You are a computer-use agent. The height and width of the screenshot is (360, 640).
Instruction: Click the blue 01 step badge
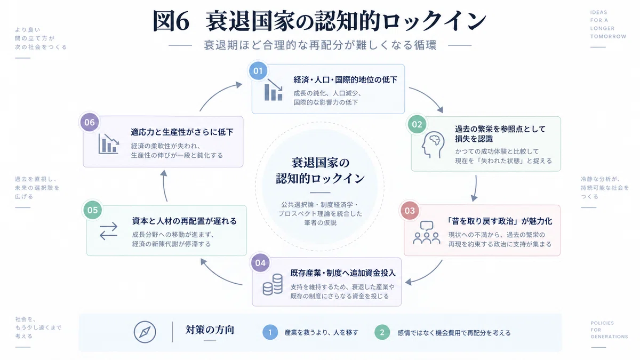point(258,70)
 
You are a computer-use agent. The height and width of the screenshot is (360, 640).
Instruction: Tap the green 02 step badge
point(417,124)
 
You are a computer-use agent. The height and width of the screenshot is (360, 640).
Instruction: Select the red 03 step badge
point(410,211)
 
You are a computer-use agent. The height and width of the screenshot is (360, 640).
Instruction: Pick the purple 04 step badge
point(260,263)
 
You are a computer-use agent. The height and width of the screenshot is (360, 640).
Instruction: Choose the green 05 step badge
point(93,210)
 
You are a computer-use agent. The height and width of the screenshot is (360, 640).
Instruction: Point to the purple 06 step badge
point(90,122)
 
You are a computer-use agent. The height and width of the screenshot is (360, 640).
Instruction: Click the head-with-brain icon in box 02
point(433,145)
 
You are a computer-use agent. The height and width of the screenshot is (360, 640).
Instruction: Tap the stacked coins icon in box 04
point(273,284)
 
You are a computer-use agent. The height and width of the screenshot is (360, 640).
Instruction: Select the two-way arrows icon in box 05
point(109,231)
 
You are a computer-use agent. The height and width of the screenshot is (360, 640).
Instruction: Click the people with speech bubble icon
point(427,233)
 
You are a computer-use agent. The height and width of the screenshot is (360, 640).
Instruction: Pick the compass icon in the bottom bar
point(145,332)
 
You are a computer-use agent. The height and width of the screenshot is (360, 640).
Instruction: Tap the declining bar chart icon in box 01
point(274,90)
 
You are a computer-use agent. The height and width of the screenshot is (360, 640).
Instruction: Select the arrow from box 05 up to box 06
point(164,186)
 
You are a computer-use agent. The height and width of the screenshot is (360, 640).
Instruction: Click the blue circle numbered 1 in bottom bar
point(270,332)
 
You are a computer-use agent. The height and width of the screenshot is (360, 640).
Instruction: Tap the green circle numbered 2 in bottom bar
point(382,332)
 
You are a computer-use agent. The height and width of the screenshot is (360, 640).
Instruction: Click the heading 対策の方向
point(210,330)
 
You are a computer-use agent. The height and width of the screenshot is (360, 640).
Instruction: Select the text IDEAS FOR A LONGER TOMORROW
point(608,25)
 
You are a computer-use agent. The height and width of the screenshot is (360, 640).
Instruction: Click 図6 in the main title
point(171,21)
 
